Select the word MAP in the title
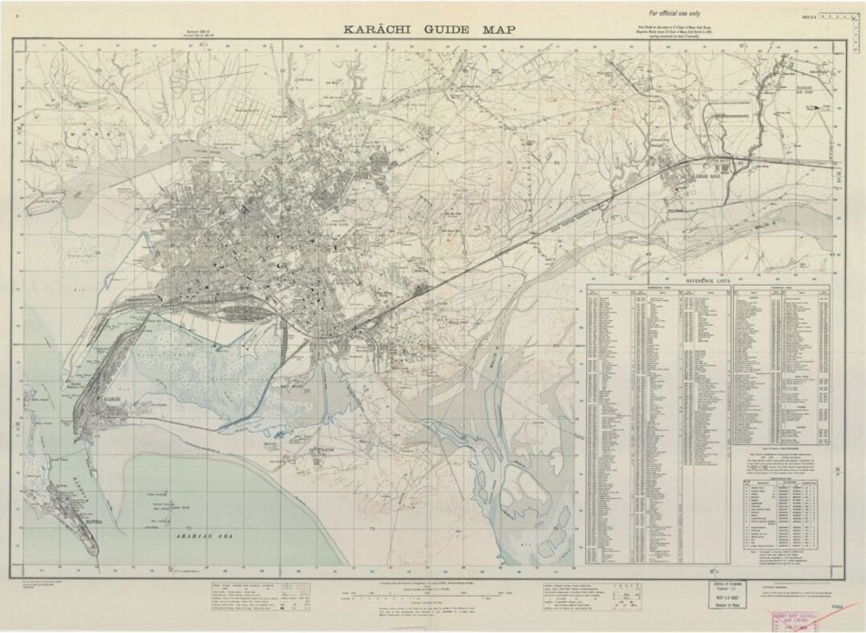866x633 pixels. tap(499, 30)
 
